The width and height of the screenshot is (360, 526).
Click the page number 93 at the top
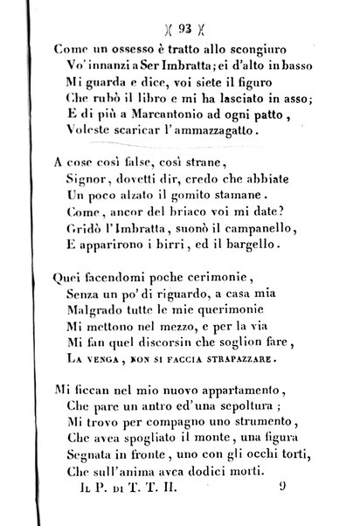point(179,24)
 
